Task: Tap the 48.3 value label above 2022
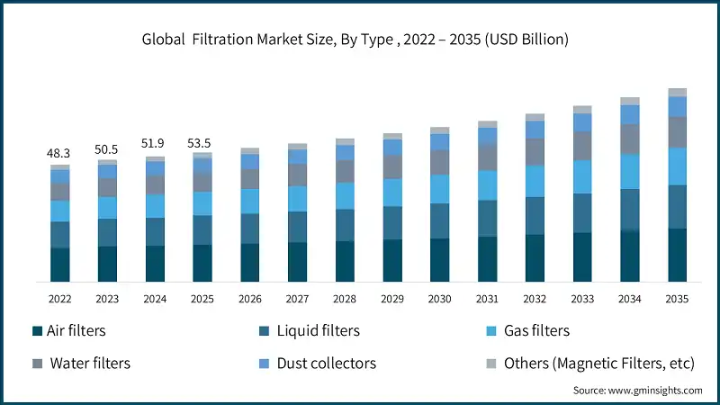pos(59,155)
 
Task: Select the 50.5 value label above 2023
pos(107,149)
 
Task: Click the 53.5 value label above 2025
pos(202,142)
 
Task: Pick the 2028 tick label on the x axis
pos(345,298)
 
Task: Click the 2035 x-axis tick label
pos(677,298)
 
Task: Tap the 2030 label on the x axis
pos(439,298)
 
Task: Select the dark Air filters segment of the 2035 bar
pos(677,255)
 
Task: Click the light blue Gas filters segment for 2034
pos(630,171)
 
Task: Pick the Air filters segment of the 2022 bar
pos(59,265)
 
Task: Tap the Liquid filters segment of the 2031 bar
pos(487,218)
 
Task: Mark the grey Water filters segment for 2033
pos(582,146)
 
